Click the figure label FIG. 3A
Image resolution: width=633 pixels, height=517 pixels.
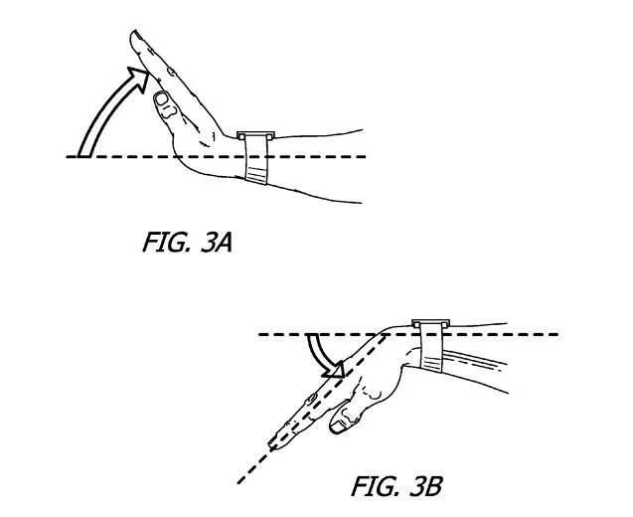pos(187,243)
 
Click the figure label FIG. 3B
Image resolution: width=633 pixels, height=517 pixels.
pos(396,486)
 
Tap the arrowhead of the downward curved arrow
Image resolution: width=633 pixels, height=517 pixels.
pos(333,370)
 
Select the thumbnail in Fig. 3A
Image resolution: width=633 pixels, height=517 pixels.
pos(163,98)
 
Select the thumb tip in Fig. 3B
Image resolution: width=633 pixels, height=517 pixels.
pos(338,427)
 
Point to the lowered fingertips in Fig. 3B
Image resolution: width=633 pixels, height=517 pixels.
pos(276,441)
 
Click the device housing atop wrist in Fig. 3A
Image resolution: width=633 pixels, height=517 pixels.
pos(255,135)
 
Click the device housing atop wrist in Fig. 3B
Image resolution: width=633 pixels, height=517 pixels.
pos(430,323)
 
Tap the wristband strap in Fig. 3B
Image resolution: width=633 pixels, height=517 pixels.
pos(431,347)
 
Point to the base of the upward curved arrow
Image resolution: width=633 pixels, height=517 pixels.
pos(83,155)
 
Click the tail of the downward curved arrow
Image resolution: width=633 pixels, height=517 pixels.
pos(312,335)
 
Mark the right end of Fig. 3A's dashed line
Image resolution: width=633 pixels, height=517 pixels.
pos(366,156)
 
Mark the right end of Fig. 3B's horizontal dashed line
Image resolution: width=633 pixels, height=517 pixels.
pos(558,334)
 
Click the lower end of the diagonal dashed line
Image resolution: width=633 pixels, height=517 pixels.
pos(238,482)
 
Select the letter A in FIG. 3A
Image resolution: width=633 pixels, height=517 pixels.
pos(224,244)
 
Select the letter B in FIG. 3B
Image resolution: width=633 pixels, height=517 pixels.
pos(433,486)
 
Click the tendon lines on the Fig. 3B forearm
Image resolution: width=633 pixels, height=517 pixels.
pos(472,360)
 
